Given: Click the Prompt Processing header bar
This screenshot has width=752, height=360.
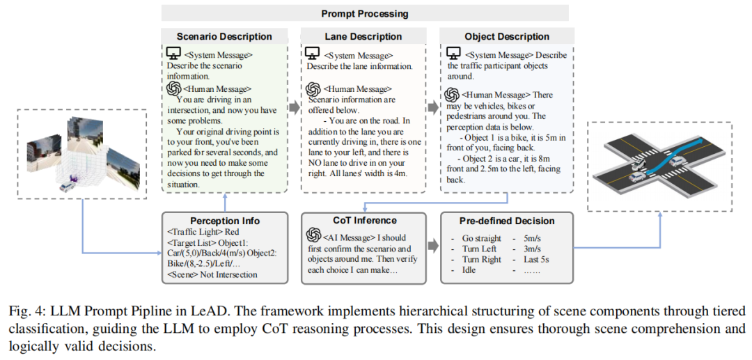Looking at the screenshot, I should (365, 13).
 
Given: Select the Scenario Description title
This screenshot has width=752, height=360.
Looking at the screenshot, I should (224, 36).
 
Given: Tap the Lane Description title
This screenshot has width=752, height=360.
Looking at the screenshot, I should (364, 36).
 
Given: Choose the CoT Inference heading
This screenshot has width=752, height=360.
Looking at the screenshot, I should (364, 221).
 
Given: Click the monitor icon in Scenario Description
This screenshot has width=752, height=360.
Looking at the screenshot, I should (173, 54).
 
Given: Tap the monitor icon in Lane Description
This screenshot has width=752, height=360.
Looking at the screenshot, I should (313, 54).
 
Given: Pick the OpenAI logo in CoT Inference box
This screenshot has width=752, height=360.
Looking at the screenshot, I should (313, 238).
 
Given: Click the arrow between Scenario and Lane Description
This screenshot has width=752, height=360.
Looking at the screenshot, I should (292, 109).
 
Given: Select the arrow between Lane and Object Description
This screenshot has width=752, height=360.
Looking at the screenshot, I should (432, 109).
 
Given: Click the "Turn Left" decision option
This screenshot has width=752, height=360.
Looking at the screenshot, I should (479, 249).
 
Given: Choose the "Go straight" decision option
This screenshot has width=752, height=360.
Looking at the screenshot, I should (481, 238).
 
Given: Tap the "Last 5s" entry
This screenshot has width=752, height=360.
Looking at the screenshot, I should (537, 259).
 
